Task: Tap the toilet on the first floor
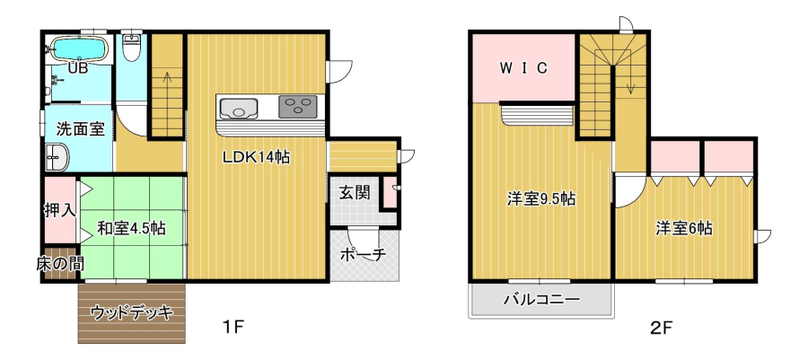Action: pos(133,48)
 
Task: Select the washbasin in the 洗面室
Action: pos(57,156)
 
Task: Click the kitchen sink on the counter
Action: pos(238,108)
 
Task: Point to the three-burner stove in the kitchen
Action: pos(298,107)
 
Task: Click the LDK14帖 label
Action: pos(256,158)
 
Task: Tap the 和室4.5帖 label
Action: pos(132,228)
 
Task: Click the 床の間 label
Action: pos(60,264)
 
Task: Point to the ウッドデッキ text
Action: pos(131,312)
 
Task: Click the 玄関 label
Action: pos(355,193)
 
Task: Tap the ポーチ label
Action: pos(364,254)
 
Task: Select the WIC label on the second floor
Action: pos(523,68)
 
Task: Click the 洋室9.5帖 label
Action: pos(540,198)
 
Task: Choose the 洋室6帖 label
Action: pos(684,228)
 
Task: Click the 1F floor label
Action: pos(233,327)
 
